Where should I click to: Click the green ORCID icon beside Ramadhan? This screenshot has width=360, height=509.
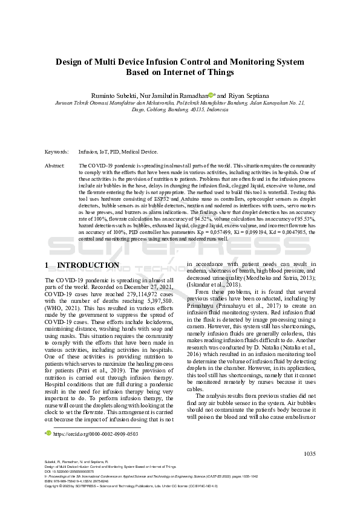(212, 94)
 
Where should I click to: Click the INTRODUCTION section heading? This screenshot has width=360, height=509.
(88, 265)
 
